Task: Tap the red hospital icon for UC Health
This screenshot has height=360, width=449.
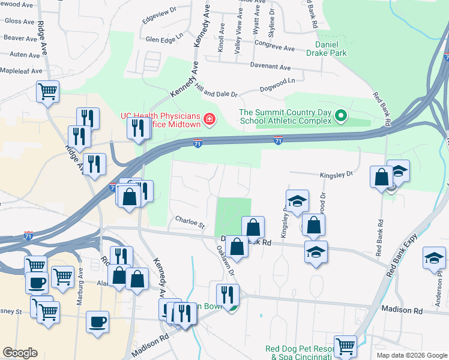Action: (x=209, y=120)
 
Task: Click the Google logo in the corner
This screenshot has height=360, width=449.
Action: (x=20, y=353)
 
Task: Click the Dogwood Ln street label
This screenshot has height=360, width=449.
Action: (x=277, y=88)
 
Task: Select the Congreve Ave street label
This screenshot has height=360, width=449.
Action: (x=274, y=46)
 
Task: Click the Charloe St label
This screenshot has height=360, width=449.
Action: (x=190, y=223)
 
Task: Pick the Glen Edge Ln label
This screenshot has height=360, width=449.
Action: (x=164, y=40)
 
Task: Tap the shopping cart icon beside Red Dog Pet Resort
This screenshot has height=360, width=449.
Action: (x=345, y=346)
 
